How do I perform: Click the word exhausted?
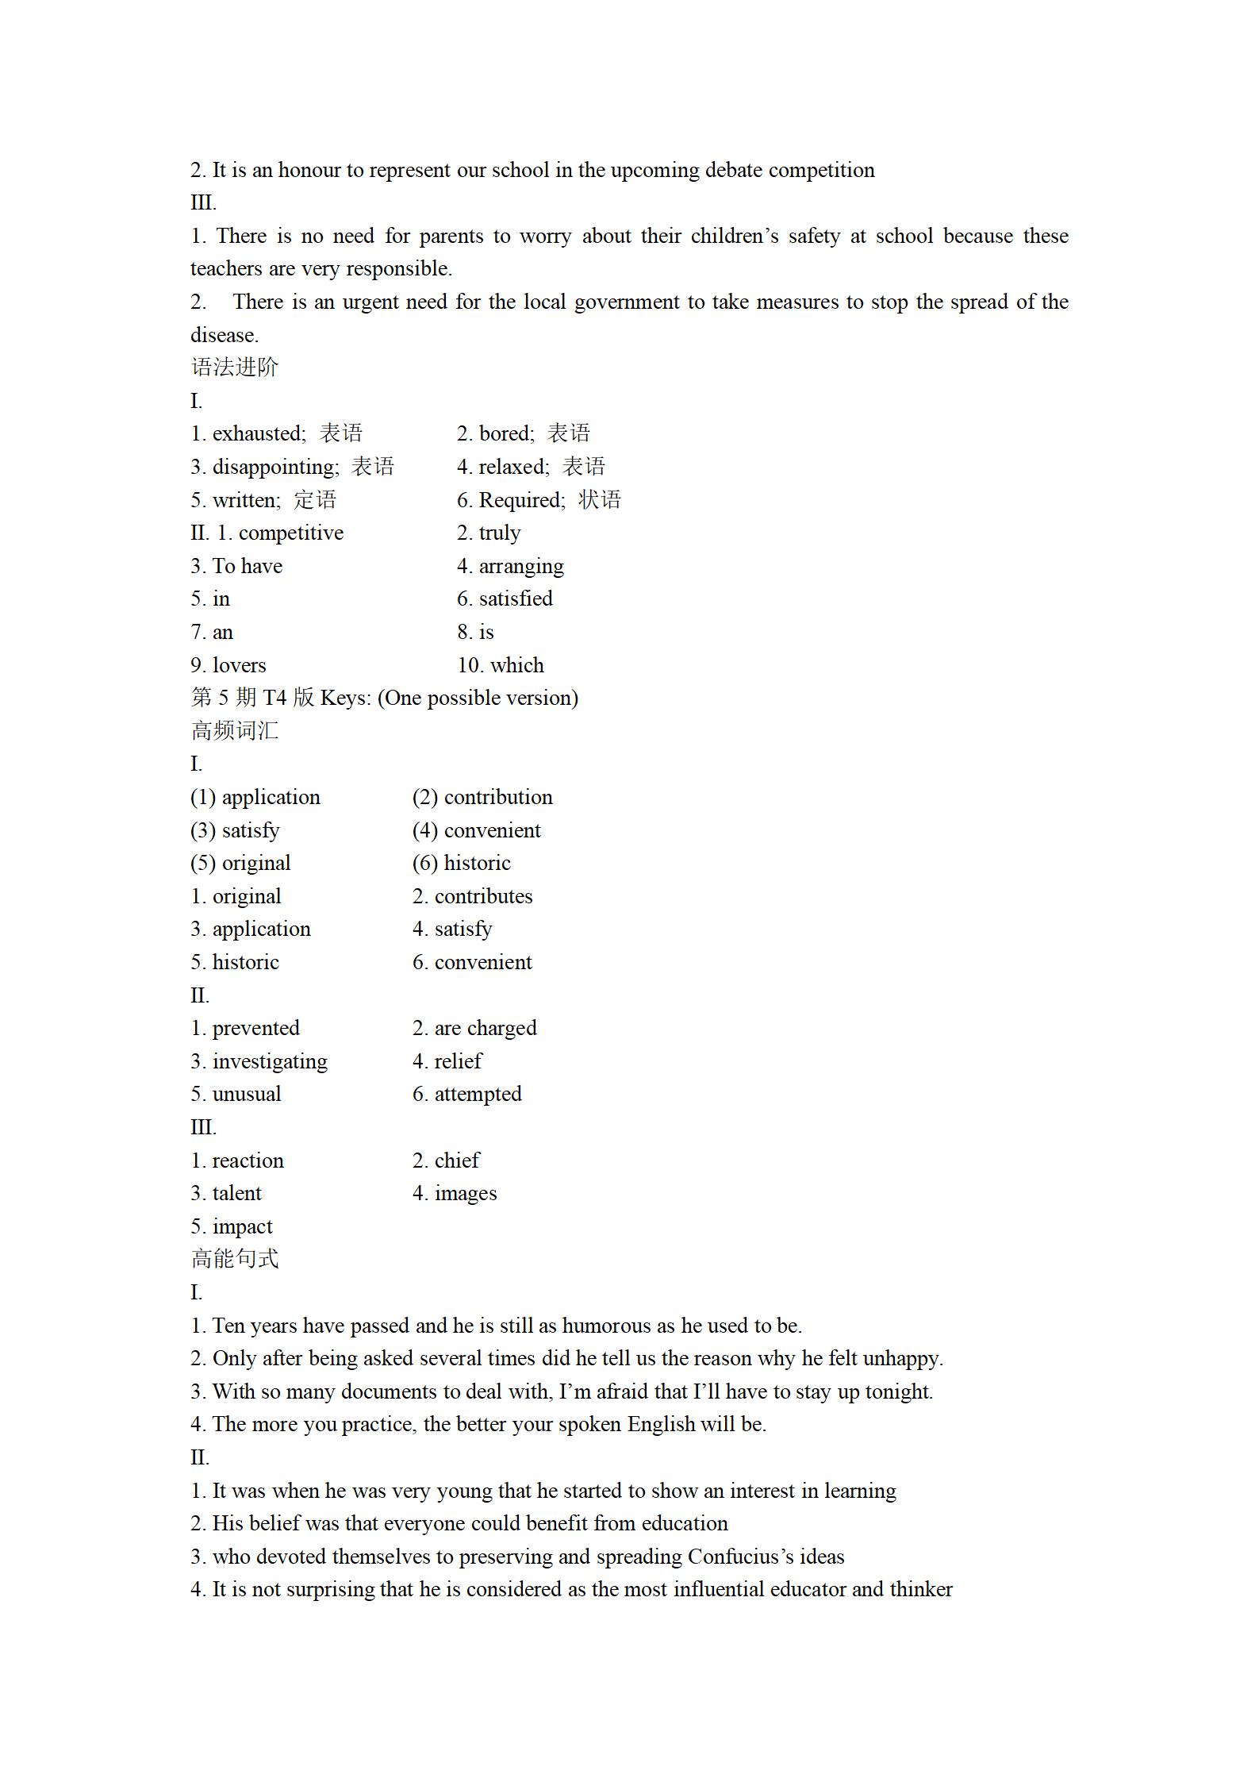coord(258,433)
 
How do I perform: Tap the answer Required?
coord(521,500)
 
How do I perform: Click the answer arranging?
coord(521,566)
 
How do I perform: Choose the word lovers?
coord(239,665)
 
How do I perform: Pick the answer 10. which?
coord(501,665)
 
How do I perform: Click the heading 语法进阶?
coord(235,368)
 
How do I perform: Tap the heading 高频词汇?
coord(235,730)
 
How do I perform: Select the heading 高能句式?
coord(235,1259)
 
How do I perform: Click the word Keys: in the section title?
coord(345,698)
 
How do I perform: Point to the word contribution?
coord(498,797)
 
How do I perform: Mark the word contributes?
coord(483,896)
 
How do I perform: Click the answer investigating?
coord(270,1061)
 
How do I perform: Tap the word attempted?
coord(478,1094)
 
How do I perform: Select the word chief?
coord(457,1160)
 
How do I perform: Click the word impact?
coord(242,1226)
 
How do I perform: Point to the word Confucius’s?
coord(740,1557)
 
